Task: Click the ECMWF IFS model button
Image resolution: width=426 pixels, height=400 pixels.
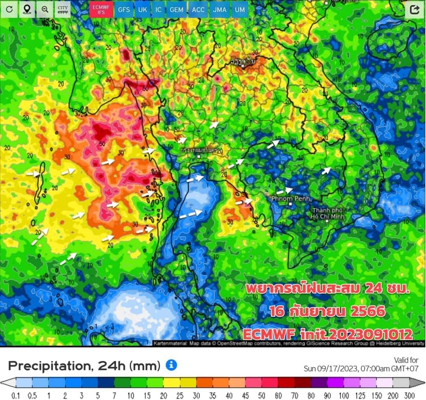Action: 101,9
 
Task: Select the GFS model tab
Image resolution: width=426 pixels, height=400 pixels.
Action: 124,9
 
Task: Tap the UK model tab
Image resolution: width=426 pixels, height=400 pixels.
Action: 142,9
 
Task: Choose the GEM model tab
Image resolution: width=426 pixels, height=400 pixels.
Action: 176,9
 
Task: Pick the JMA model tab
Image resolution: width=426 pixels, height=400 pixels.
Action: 219,9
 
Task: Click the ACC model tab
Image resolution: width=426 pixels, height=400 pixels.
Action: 198,9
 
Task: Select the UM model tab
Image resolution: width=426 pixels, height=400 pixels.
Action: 239,9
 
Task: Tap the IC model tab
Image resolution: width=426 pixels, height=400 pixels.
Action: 158,9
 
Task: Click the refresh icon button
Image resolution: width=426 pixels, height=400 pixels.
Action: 9,9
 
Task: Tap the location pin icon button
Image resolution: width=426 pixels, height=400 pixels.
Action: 27,9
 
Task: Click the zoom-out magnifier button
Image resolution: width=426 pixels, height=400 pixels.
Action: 45,9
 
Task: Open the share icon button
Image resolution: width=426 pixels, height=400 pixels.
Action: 414,10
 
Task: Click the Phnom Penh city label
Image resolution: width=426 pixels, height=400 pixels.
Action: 291,198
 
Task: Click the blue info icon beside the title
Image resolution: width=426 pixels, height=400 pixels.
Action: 171,365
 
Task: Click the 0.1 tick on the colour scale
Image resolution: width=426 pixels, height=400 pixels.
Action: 16,395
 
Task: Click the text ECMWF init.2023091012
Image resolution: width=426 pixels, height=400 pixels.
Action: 327,334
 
